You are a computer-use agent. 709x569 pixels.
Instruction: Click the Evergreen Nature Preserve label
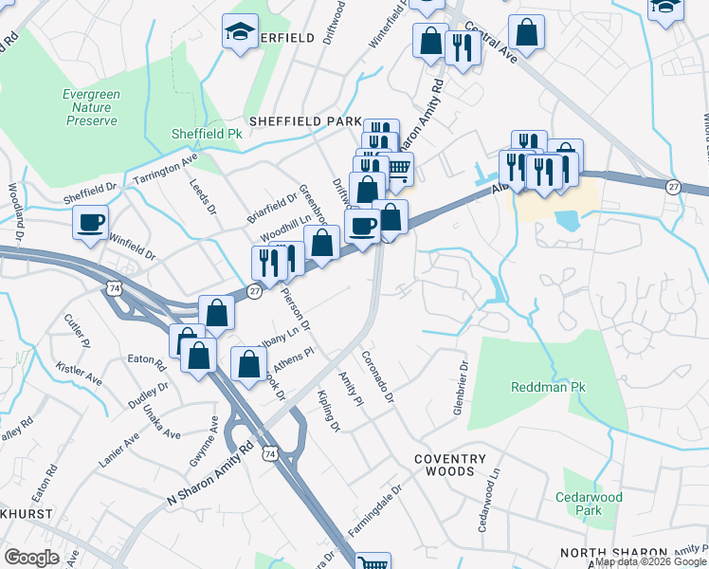pos(91,107)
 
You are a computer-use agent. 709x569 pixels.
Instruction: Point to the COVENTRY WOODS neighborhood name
pos(450,465)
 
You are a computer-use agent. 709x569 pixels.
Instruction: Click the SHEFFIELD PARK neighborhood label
pos(305,122)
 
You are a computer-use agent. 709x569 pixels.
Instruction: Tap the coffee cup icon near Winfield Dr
pos(92,223)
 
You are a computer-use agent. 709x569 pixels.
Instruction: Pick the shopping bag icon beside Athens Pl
pos(248,365)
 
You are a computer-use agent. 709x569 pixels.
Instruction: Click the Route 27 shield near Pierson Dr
pos(254,292)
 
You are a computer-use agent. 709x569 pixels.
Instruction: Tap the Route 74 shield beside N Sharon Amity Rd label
pos(271,455)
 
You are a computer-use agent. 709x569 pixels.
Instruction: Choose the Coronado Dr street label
pos(377,376)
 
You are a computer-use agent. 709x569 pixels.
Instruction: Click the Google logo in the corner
pos(31,558)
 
